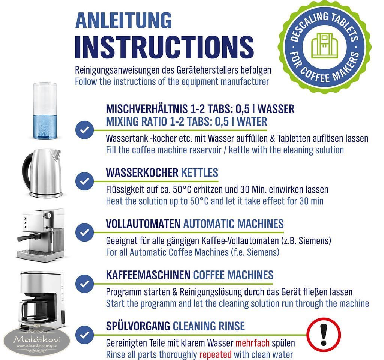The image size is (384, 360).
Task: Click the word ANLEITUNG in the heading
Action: pos(123,21)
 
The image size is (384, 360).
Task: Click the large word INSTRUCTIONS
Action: pos(164,47)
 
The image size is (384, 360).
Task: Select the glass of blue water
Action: pos(45,111)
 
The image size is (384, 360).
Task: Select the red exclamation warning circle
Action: pos(324,334)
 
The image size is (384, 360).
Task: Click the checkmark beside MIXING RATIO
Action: pos(84,130)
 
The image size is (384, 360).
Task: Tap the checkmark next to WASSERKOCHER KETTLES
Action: pos(84,181)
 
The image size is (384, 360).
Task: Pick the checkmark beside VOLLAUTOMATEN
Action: pos(84,232)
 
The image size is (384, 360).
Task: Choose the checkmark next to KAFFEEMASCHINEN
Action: pos(84,283)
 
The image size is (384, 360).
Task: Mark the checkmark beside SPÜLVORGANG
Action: pos(84,335)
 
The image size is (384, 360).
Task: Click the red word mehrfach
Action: pos(252,343)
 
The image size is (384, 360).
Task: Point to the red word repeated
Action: pos(216,355)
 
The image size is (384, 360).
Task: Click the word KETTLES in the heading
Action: pos(199,173)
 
